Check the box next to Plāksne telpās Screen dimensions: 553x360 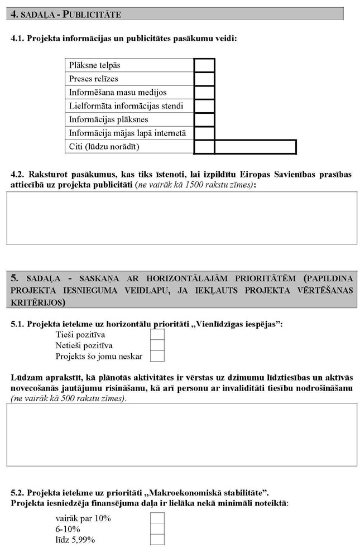(204, 65)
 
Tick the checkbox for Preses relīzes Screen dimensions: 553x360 (204, 79)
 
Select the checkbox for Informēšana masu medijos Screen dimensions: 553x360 (204, 92)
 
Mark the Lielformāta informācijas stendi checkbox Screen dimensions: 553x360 (204, 105)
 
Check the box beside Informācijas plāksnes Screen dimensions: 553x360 (204, 119)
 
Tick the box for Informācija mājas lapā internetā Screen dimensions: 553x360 (204, 133)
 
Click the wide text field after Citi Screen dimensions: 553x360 (255, 147)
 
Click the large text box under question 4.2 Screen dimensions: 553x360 (181, 218)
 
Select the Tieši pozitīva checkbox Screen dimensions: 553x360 (158, 334)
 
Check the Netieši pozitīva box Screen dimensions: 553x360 (158, 345)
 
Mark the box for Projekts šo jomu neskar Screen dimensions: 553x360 (158, 356)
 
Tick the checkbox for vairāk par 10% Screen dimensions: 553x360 (158, 518)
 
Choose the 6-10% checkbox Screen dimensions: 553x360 (158, 529)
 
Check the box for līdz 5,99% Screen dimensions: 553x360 (158, 540)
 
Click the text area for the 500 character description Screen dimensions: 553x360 (181, 434)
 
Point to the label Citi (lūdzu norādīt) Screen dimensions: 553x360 (103, 147)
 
